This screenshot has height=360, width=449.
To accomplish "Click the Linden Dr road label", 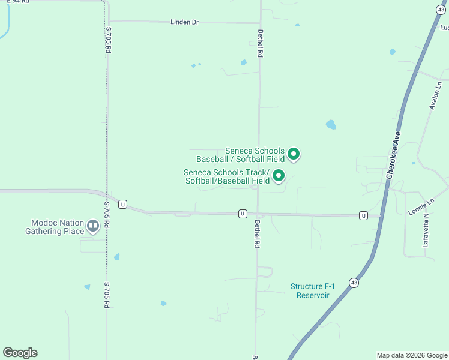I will click(x=184, y=22).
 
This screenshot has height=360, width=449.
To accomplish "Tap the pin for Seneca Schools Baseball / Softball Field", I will click(x=294, y=154).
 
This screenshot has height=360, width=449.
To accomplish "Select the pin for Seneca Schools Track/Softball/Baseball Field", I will click(x=279, y=176).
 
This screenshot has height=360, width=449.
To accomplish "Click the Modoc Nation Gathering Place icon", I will click(x=93, y=226).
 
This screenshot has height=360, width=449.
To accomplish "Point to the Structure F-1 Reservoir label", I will click(x=310, y=291).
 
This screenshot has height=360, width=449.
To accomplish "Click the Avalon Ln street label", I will click(x=435, y=95).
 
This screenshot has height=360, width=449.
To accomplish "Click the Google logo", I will click(x=20, y=353).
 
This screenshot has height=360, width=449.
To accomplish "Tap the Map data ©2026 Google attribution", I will click(x=412, y=355).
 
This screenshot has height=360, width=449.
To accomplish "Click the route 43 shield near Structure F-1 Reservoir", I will click(x=354, y=283).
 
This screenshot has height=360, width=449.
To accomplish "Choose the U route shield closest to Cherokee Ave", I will click(x=363, y=215).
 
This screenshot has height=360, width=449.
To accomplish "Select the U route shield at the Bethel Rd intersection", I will click(x=243, y=214).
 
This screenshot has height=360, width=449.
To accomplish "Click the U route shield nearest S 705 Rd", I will click(x=122, y=204).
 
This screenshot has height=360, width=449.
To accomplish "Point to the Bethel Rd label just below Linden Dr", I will click(x=260, y=43).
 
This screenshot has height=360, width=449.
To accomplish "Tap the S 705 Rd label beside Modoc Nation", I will click(x=107, y=214).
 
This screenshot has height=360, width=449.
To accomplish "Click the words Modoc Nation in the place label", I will click(x=50, y=223).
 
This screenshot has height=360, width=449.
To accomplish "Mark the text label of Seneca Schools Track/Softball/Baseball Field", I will click(x=227, y=176).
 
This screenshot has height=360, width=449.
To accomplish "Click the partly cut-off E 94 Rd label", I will click(x=18, y=2).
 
